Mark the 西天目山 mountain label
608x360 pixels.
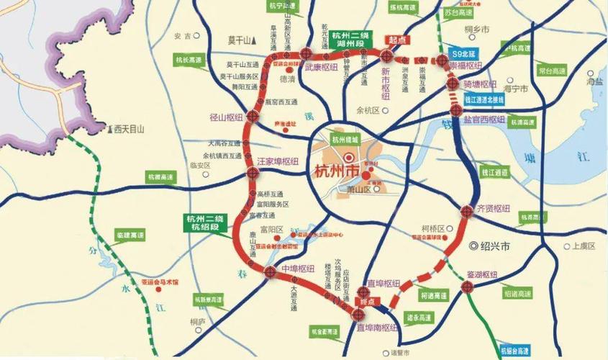tap(129, 130)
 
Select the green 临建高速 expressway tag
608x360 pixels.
tap(130, 235)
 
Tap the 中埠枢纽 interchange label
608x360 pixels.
tap(297, 269)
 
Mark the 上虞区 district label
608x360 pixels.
tap(583, 246)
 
